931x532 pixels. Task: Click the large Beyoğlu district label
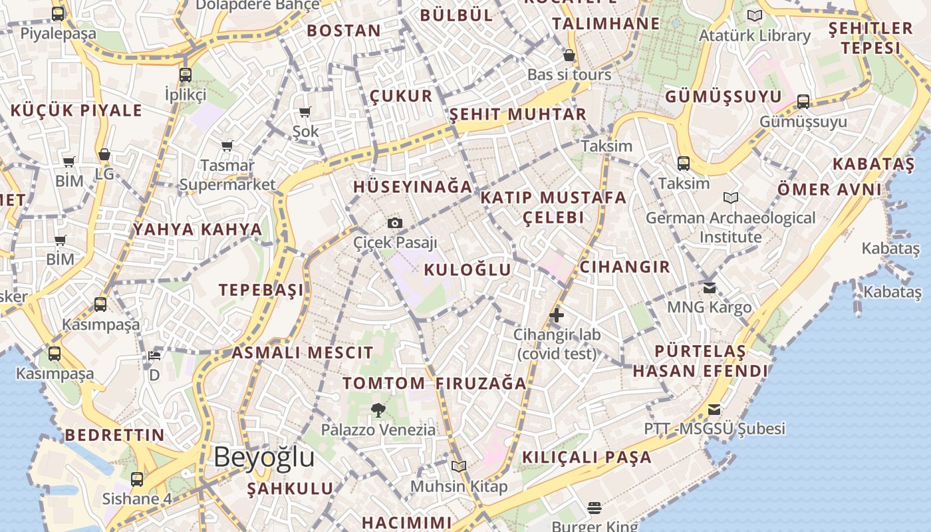coord(264,458)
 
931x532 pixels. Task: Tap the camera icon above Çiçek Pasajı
coord(395,223)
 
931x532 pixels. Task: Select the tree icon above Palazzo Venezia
coord(378,410)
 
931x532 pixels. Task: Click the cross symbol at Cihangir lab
coord(557,315)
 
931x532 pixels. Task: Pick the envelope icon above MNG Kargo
coord(710,288)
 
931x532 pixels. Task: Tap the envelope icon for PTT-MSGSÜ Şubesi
coord(714,409)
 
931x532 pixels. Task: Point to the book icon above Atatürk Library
coord(754,15)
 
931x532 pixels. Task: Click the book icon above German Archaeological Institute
coord(731,198)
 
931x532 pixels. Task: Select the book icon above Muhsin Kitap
coord(459,466)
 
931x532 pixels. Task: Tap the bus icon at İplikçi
coord(186,75)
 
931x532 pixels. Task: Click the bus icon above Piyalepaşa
coord(58,13)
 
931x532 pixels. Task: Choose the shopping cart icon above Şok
coord(305,112)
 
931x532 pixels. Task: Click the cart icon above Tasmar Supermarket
coord(227,146)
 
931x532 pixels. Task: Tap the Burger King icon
coord(595,509)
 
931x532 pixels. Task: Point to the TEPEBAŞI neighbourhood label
coord(261,290)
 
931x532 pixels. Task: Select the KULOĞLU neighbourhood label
coord(467,269)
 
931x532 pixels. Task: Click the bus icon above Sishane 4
coord(137,479)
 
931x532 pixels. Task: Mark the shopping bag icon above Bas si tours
coord(569,55)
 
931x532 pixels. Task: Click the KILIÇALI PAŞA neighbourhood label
coord(587,458)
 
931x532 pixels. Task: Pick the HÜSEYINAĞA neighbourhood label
coord(413,187)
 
